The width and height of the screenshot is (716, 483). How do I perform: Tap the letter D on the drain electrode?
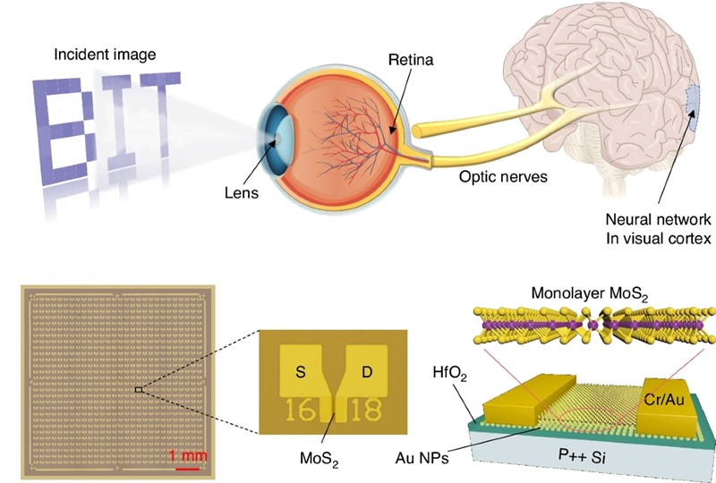click(x=366, y=369)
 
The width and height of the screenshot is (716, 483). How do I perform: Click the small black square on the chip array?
click(x=137, y=390)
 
